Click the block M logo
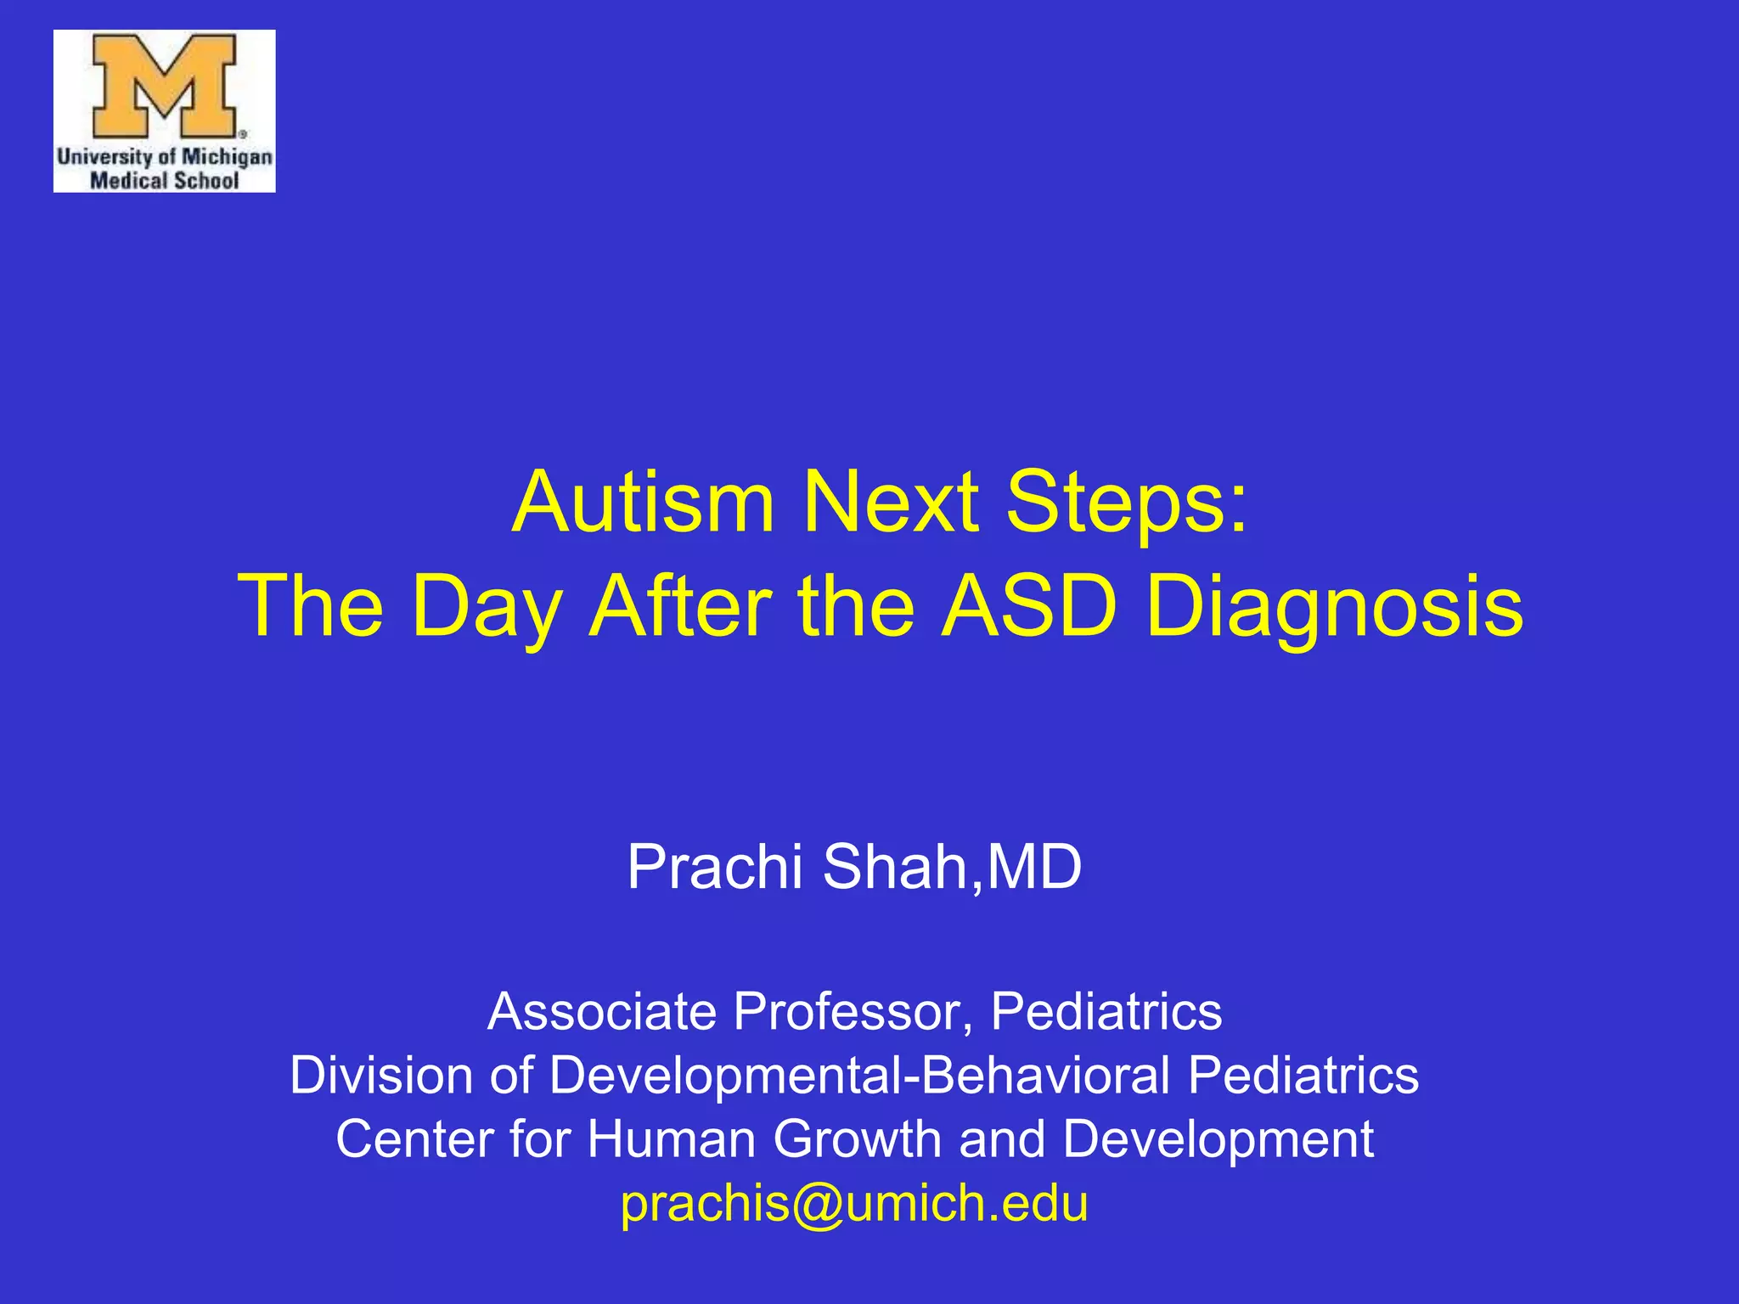click(x=164, y=86)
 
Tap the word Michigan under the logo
click(x=227, y=157)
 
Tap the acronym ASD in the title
click(x=1029, y=606)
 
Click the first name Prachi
click(x=714, y=868)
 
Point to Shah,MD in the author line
click(x=952, y=868)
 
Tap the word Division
click(x=380, y=1075)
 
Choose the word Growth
click(x=857, y=1138)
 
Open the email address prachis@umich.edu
click(x=854, y=1203)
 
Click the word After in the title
click(x=680, y=606)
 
